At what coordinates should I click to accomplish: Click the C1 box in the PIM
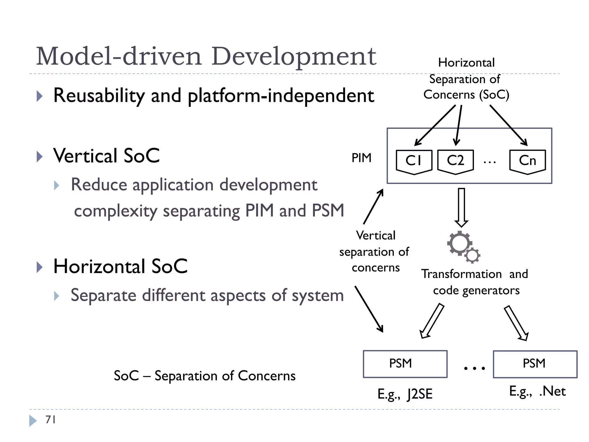(x=414, y=161)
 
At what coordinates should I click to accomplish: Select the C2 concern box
(x=455, y=161)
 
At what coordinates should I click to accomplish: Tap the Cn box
(x=527, y=161)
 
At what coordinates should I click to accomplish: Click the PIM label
(x=362, y=158)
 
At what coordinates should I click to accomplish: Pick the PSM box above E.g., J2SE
(x=405, y=364)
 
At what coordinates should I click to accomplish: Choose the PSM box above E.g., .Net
(x=535, y=364)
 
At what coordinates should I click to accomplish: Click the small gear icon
(x=472, y=255)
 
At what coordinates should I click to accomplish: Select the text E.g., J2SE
(x=405, y=394)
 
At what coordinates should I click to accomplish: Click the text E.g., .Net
(x=537, y=391)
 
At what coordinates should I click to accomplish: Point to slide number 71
(x=50, y=420)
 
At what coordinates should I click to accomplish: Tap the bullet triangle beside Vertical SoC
(x=40, y=157)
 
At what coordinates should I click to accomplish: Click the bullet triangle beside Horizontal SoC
(x=40, y=267)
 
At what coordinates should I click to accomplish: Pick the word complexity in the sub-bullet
(x=116, y=211)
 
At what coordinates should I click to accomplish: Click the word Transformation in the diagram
(x=461, y=274)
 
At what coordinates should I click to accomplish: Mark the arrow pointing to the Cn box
(x=508, y=125)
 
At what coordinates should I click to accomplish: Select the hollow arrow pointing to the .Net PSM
(x=517, y=323)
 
